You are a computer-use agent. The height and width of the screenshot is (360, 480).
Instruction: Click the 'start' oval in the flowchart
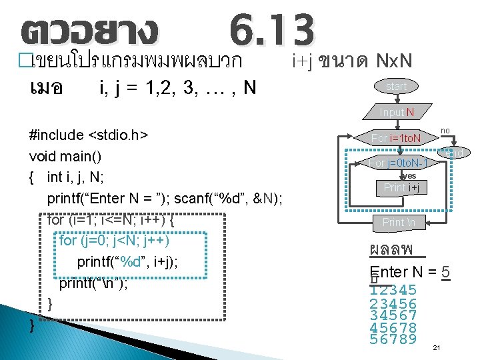click(396, 87)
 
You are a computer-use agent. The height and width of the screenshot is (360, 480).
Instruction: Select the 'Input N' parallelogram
click(396, 112)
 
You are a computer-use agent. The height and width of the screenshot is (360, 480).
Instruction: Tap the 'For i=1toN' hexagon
click(396, 139)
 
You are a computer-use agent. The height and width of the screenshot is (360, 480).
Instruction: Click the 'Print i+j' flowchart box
click(401, 188)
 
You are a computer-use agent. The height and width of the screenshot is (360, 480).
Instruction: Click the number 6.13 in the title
click(271, 30)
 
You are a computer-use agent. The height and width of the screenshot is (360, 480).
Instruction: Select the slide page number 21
click(437, 348)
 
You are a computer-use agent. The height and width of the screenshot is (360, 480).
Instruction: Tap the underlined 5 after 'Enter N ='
click(445, 272)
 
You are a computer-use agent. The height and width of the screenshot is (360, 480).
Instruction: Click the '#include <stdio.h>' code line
click(89, 135)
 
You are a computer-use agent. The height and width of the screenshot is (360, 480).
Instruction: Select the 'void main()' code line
click(65, 157)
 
